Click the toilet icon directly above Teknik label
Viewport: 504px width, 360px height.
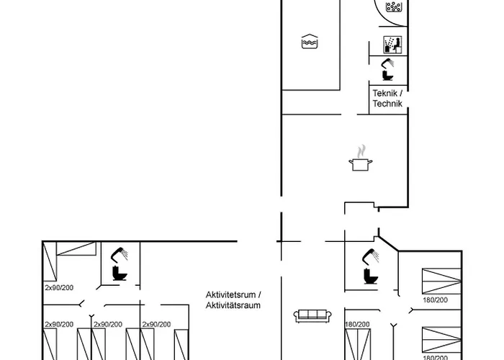[388, 75]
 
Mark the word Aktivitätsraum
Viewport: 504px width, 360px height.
[231, 306]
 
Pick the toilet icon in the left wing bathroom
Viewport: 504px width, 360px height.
[117, 273]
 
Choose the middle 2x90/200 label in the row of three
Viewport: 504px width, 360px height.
[108, 325]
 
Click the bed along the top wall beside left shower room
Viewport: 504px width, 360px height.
[76, 251]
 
